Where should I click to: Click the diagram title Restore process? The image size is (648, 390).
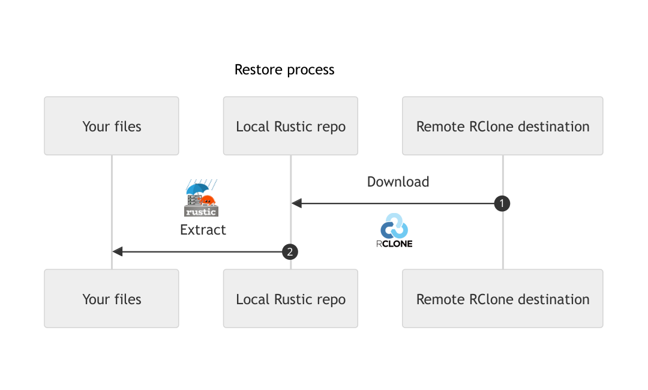click(284, 70)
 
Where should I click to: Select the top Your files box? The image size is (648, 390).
click(112, 126)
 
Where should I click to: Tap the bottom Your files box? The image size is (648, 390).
click(112, 299)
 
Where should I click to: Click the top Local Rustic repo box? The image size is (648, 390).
click(290, 126)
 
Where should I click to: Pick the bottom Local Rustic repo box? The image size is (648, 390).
click(290, 299)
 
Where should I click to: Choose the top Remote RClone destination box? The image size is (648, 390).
click(502, 126)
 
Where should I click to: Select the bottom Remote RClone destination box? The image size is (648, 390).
click(502, 299)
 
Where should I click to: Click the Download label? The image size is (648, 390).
click(398, 182)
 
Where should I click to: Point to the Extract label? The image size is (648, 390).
click(203, 230)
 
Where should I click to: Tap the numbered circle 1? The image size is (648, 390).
click(502, 203)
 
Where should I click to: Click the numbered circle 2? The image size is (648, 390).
click(290, 252)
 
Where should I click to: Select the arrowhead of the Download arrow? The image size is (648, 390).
click(296, 203)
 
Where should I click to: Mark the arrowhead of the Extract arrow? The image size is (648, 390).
click(118, 252)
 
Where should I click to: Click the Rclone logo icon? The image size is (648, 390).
click(394, 226)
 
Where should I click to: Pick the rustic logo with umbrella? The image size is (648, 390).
click(201, 199)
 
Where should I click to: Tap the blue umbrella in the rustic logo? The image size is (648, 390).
click(196, 188)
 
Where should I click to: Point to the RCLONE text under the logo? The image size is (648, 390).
click(394, 244)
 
